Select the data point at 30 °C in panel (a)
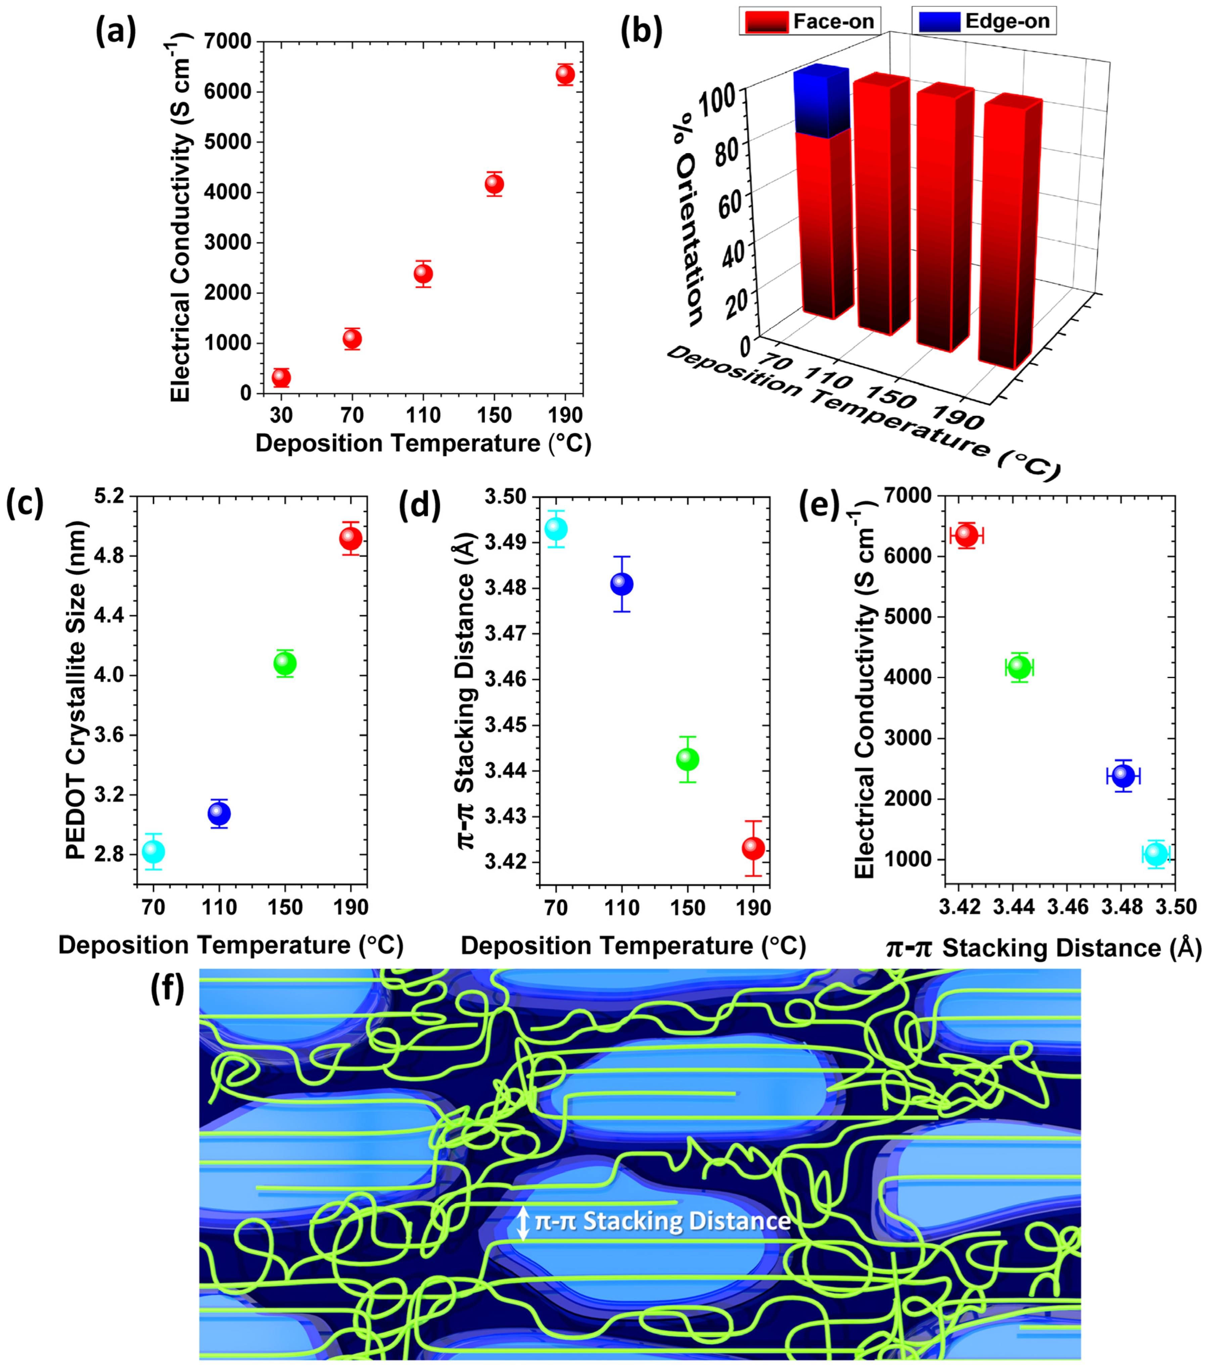[x=281, y=378]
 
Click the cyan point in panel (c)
[x=153, y=851]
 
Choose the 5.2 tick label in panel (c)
[x=109, y=496]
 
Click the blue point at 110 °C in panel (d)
[x=621, y=584]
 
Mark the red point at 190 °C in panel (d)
[x=753, y=849]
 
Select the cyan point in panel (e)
[x=1156, y=854]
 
